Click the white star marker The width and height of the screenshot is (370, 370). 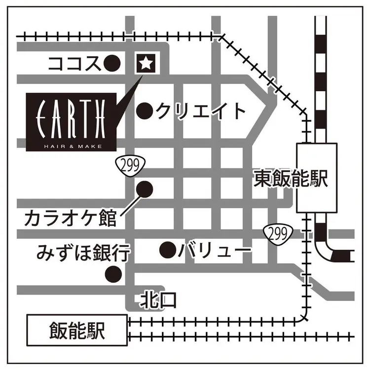[146, 63]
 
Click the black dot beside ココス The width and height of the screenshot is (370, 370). [113, 63]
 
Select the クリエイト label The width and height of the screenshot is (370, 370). [201, 111]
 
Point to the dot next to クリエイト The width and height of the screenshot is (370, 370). [145, 111]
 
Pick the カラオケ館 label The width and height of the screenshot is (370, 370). [70, 218]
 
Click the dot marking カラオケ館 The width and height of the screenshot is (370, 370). [145, 189]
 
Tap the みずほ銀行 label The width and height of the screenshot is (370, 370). [83, 254]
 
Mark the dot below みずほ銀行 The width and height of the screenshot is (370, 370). [114, 273]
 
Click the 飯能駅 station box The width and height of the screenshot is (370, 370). [76, 331]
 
